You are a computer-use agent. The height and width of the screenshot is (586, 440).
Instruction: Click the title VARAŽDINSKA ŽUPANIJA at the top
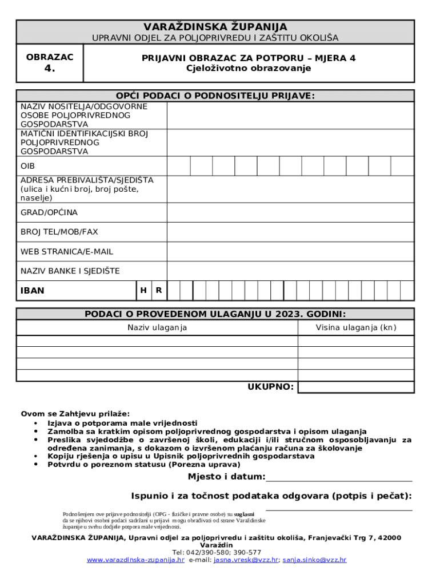pos(215,27)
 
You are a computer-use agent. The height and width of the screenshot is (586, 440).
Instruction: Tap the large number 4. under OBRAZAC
pos(50,69)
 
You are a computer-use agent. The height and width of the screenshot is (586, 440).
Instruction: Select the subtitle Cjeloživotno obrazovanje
pos(249,68)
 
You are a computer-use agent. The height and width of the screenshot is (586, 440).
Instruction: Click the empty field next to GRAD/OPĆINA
pos(290,212)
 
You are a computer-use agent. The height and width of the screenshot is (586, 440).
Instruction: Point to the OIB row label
pos(27,166)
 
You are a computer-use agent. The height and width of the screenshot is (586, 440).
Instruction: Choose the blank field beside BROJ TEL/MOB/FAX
pos(290,232)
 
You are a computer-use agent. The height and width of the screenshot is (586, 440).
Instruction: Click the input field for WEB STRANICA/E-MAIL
pos(290,251)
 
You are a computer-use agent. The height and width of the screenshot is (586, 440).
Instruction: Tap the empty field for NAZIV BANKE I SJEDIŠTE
pos(290,271)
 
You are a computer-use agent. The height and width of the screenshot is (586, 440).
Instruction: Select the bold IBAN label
pos(33,291)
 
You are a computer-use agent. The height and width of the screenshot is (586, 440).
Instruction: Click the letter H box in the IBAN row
pos(143,290)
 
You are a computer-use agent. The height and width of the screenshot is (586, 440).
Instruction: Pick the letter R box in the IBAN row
pos(158,290)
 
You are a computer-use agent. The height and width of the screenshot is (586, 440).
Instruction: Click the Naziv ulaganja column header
pos(157,328)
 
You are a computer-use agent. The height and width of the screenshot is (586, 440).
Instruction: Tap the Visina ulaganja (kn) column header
pos(356,328)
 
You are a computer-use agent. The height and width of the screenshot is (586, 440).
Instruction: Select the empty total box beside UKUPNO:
pos(356,387)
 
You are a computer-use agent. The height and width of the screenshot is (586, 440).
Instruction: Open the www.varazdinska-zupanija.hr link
pos(135,560)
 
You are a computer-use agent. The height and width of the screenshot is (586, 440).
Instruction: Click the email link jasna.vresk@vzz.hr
pos(246,560)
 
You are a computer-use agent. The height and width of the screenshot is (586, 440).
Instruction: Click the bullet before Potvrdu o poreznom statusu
pos(36,465)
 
